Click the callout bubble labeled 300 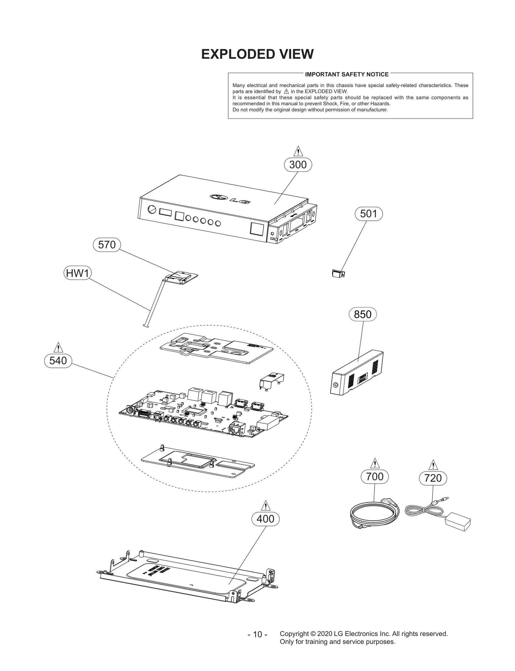pos(298,165)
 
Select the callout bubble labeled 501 pos(369,214)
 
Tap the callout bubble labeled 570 pos(107,245)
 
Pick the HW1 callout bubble pos(77,273)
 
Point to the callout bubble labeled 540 pos(58,361)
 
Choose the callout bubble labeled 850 pos(362,314)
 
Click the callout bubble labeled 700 pos(375,476)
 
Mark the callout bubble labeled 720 pos(433,478)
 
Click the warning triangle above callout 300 pos(298,151)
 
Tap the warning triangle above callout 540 pos(58,348)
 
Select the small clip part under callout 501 pos(338,274)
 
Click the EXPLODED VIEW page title pos(257,54)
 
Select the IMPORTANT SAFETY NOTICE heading pos(347,74)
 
